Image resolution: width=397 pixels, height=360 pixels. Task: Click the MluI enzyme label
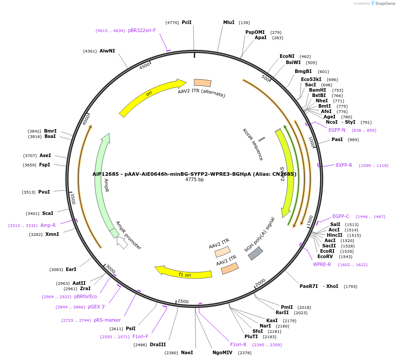pos(229,22)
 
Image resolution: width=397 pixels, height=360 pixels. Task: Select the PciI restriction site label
pos(187,22)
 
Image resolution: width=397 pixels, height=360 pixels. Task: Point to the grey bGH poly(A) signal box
pos(255,253)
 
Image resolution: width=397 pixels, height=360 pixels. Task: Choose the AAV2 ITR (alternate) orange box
pos(203,83)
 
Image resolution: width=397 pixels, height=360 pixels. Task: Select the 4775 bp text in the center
pos(194,180)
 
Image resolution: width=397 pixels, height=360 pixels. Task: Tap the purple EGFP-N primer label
pos(337,130)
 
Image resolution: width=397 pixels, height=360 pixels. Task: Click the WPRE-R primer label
pos(322,264)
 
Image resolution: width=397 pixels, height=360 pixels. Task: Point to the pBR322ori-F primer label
pos(142,31)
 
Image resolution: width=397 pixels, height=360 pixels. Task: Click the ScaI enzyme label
pos(48,213)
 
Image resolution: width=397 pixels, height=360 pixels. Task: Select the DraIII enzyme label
pos(157,344)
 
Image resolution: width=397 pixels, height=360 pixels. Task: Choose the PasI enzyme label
pos(337,140)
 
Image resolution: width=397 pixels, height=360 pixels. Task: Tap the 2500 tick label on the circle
pos(183,301)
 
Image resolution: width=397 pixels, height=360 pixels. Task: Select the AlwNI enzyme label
pos(107,51)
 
